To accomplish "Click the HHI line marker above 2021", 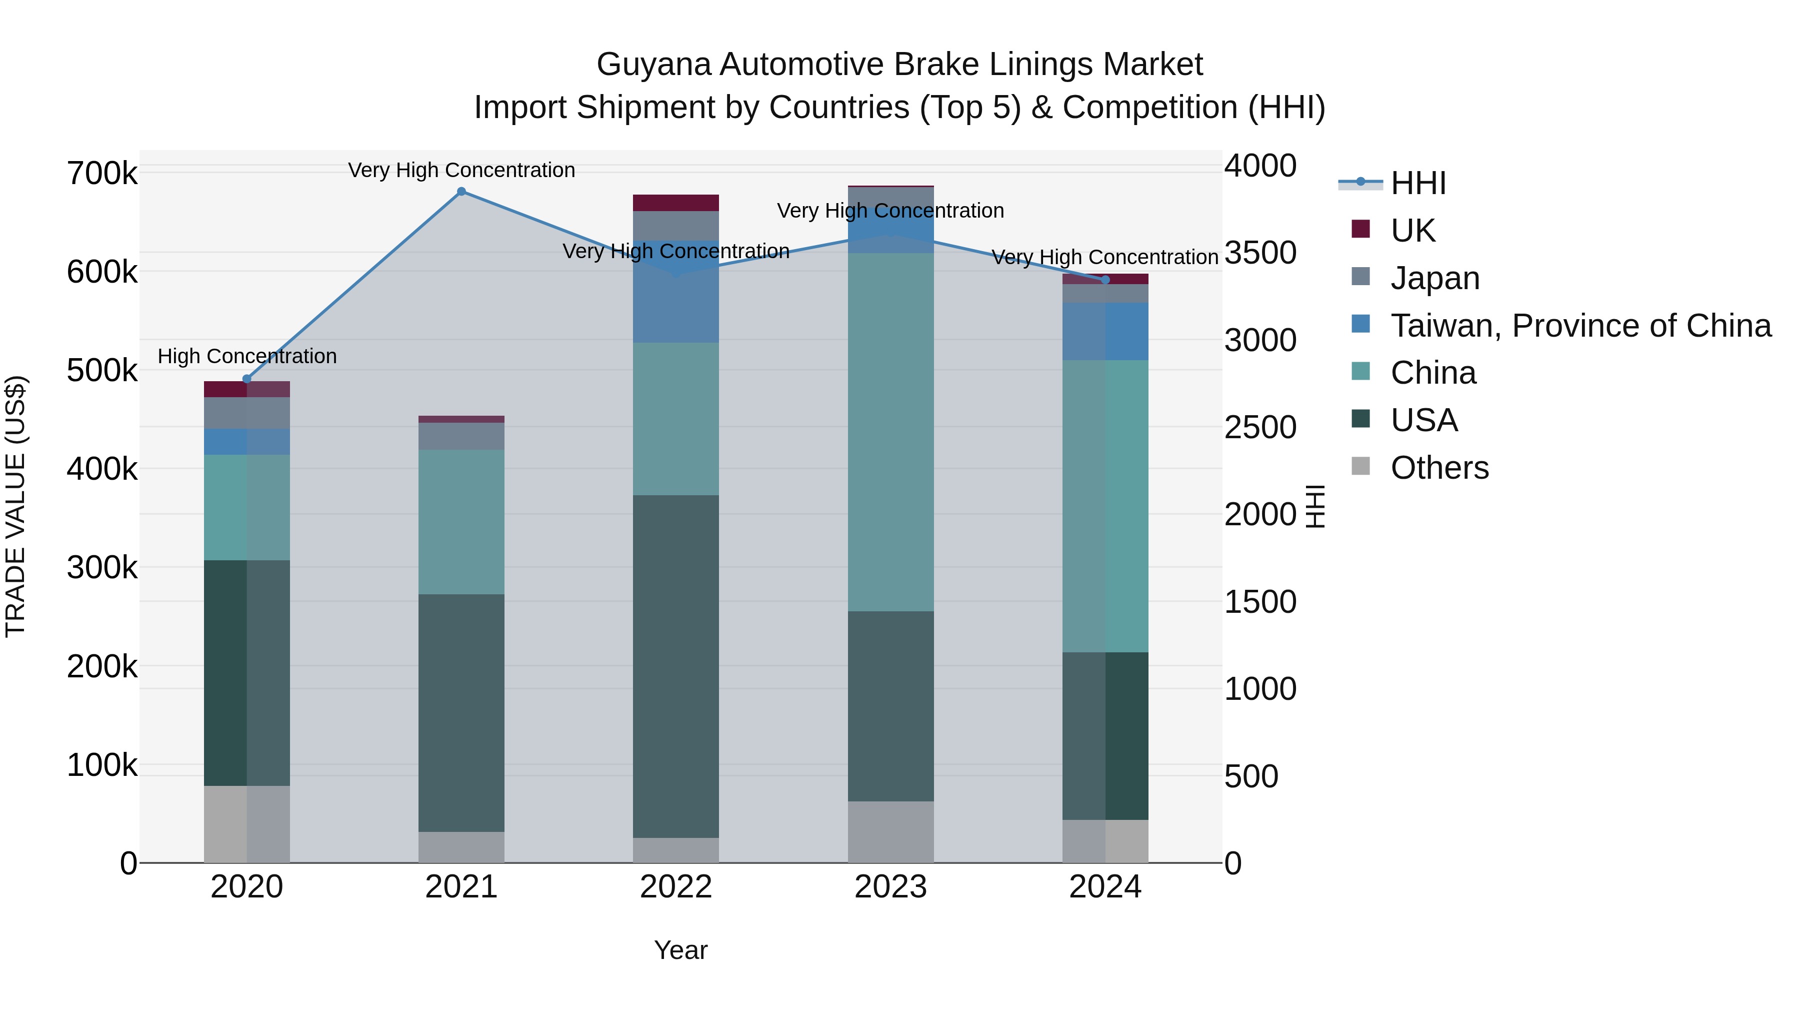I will click(x=461, y=192).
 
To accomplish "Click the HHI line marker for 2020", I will click(x=246, y=379).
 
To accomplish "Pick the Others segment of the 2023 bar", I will click(x=891, y=831).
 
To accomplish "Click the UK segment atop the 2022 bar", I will click(x=675, y=203).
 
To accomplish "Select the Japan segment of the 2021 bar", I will click(x=461, y=436).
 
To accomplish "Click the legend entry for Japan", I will click(x=1434, y=278).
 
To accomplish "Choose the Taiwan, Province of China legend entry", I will click(x=1580, y=326).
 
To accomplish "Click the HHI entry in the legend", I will click(x=1418, y=183).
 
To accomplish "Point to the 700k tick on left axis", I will click(x=102, y=174).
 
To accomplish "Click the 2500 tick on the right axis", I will click(x=1260, y=427).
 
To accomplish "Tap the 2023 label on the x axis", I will click(x=891, y=887).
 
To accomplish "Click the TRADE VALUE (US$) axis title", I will click(x=15, y=506).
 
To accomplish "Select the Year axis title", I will click(x=680, y=950).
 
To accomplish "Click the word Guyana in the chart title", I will click(x=653, y=65).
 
